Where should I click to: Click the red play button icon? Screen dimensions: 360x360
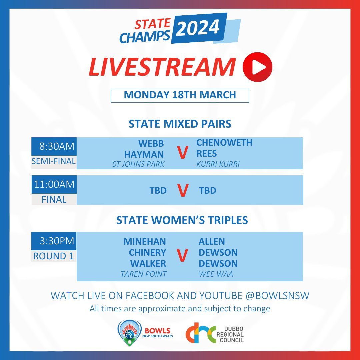[258, 67]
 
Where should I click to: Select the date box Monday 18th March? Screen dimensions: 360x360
[180, 95]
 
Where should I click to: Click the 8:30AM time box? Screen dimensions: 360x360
[54, 146]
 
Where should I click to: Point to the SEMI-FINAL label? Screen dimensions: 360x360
[54, 161]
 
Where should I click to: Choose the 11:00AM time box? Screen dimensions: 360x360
[54, 184]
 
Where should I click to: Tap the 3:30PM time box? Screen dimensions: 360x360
[54, 241]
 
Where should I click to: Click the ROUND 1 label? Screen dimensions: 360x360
[54, 256]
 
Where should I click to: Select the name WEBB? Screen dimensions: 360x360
[151, 143]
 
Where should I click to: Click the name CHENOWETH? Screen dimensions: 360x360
[224, 143]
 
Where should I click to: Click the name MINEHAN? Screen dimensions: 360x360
[145, 241]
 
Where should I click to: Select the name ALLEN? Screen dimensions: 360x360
[212, 241]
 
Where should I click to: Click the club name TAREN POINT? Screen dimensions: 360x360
[144, 274]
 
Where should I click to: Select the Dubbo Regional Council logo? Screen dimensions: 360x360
[215, 332]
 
